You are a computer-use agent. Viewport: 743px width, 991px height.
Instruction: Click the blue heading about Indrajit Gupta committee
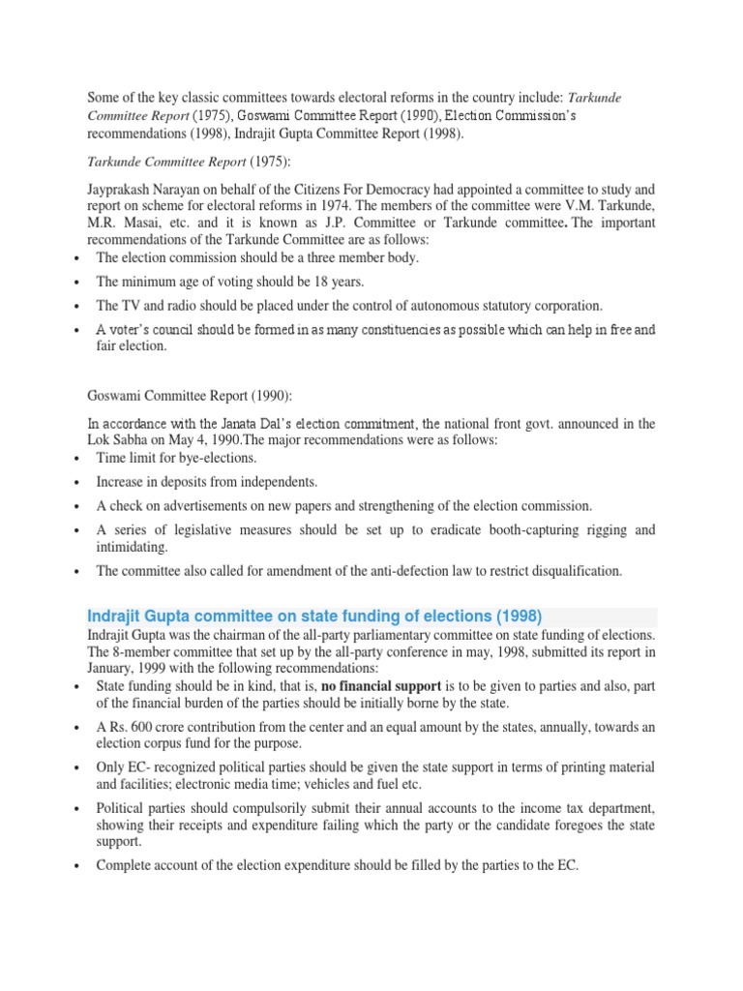(x=315, y=616)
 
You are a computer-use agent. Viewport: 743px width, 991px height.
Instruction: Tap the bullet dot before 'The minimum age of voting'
(x=75, y=283)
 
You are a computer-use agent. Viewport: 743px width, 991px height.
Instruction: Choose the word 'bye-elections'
(x=213, y=458)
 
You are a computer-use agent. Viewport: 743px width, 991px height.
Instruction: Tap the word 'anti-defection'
(x=378, y=571)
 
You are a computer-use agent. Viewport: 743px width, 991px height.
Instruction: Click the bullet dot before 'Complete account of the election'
(x=75, y=867)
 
